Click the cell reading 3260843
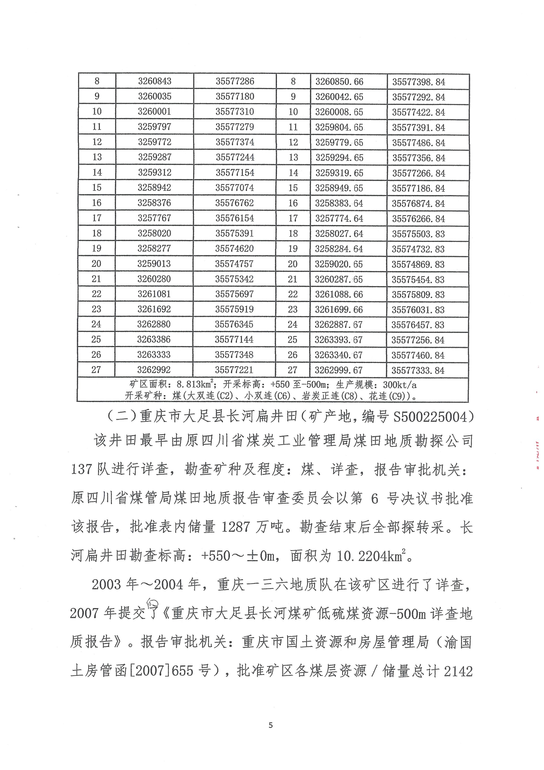(x=155, y=81)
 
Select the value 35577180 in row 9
(x=235, y=97)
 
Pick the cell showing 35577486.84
(x=418, y=143)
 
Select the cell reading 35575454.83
(x=418, y=279)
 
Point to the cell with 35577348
(x=234, y=355)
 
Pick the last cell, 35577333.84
(x=418, y=370)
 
